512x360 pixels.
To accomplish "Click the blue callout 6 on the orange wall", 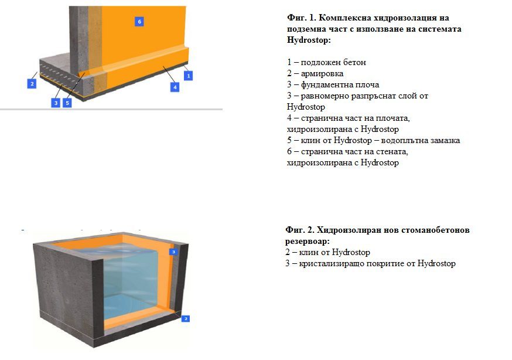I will point(139,22).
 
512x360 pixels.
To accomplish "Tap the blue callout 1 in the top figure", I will point(188,76).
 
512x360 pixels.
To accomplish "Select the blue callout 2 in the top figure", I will point(32,83).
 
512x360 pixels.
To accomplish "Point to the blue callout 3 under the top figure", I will point(55,103).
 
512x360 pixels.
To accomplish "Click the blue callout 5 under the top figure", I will point(67,103).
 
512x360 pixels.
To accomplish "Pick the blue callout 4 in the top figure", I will point(175,87).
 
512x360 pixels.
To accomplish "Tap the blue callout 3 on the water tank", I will point(173,252).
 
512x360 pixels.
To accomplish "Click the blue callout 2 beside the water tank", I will point(186,318).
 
